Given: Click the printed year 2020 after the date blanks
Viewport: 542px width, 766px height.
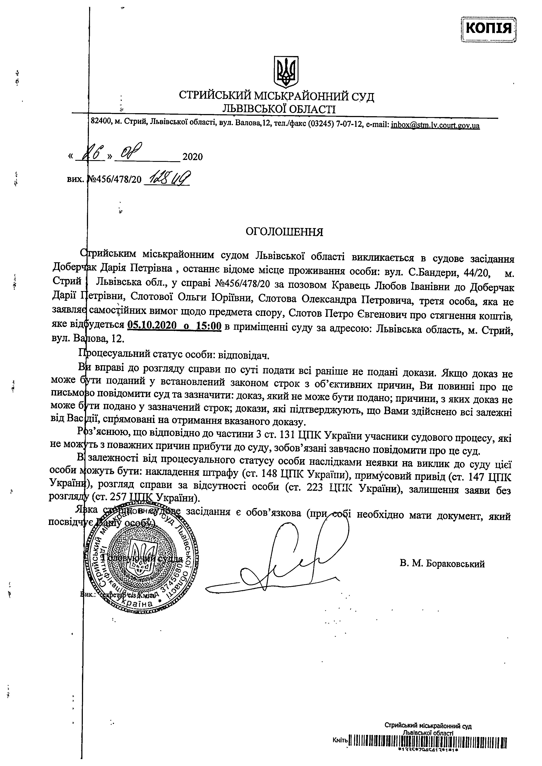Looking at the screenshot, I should tap(192, 157).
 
